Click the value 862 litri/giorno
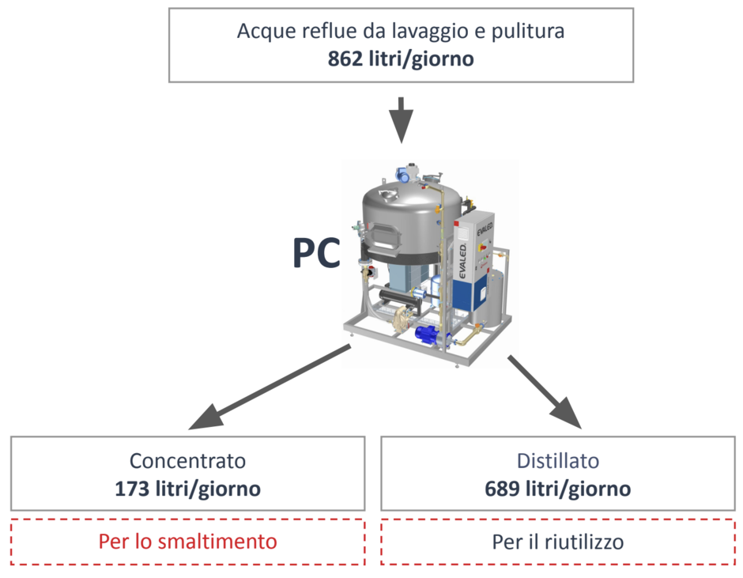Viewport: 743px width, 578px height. (401, 59)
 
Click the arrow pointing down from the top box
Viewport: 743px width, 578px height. (402, 120)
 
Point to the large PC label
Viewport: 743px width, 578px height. (316, 253)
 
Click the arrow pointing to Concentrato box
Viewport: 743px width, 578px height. (270, 387)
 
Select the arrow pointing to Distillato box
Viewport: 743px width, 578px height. (545, 391)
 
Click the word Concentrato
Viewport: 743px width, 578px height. (187, 461)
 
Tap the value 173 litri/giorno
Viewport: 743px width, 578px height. (187, 489)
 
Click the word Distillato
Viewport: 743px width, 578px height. (558, 461)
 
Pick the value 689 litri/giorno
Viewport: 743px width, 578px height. (558, 489)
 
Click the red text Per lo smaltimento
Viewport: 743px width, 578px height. (187, 542)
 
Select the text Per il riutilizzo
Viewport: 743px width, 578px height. (558, 542)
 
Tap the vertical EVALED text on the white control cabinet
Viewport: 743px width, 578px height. (462, 261)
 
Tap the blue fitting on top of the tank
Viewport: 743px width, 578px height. (402, 174)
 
